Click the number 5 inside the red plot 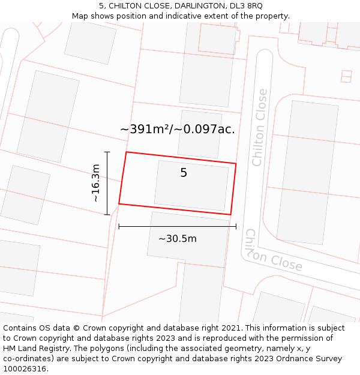coord(184,173)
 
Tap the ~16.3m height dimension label coord(95,183)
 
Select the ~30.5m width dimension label coord(177,239)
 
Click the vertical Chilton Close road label coord(259,127)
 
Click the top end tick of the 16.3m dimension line coord(107,152)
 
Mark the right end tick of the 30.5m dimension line coord(236,226)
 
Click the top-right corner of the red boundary coord(236,163)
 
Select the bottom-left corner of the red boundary coord(119,204)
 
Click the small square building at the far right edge coord(346,76)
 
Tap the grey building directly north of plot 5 coord(200,133)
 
